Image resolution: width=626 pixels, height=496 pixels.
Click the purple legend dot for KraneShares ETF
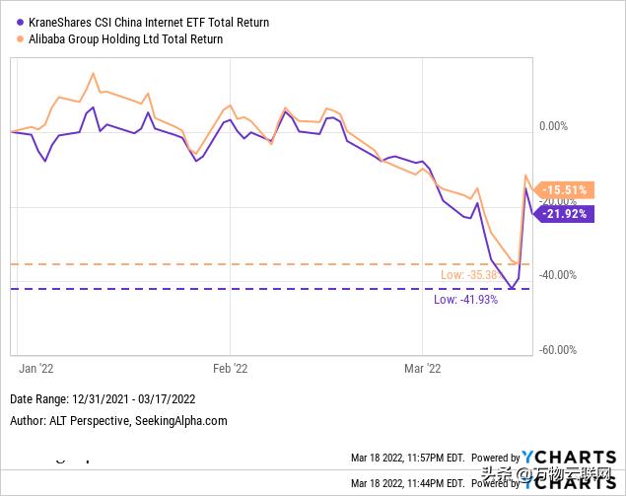tap(9, 22)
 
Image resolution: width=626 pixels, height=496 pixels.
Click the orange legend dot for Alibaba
tap(9, 39)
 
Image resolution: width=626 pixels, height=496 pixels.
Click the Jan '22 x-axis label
tap(35, 368)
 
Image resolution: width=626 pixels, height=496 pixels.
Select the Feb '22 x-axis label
tap(230, 368)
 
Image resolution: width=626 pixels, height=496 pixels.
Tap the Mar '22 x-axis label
tap(423, 368)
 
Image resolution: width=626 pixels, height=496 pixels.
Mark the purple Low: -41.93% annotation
tap(466, 299)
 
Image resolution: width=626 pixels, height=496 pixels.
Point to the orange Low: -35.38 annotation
tap(466, 274)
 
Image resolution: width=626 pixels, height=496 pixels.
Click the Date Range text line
tap(104, 400)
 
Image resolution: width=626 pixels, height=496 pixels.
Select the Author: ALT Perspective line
tap(118, 420)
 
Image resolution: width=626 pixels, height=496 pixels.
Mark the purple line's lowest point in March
tap(512, 288)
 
